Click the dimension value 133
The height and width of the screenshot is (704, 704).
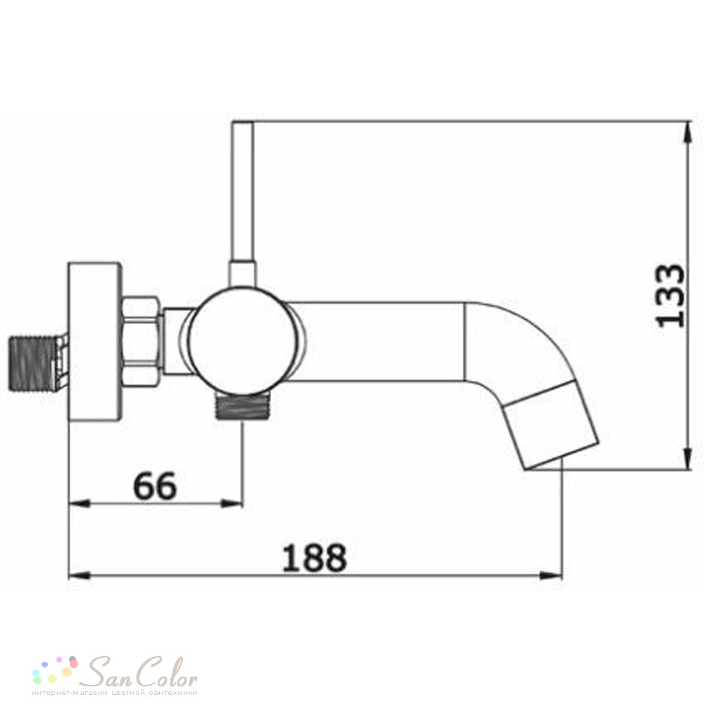pyautogui.click(x=670, y=296)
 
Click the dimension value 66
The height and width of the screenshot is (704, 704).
pyautogui.click(x=155, y=486)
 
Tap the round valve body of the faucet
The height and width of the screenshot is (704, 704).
pyautogui.click(x=241, y=341)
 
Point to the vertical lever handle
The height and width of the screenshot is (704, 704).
pyautogui.click(x=242, y=203)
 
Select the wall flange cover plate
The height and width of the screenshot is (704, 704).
pyautogui.click(x=95, y=341)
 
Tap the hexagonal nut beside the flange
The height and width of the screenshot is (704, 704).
pyautogui.click(x=142, y=341)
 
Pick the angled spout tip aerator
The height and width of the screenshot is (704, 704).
pyautogui.click(x=552, y=425)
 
